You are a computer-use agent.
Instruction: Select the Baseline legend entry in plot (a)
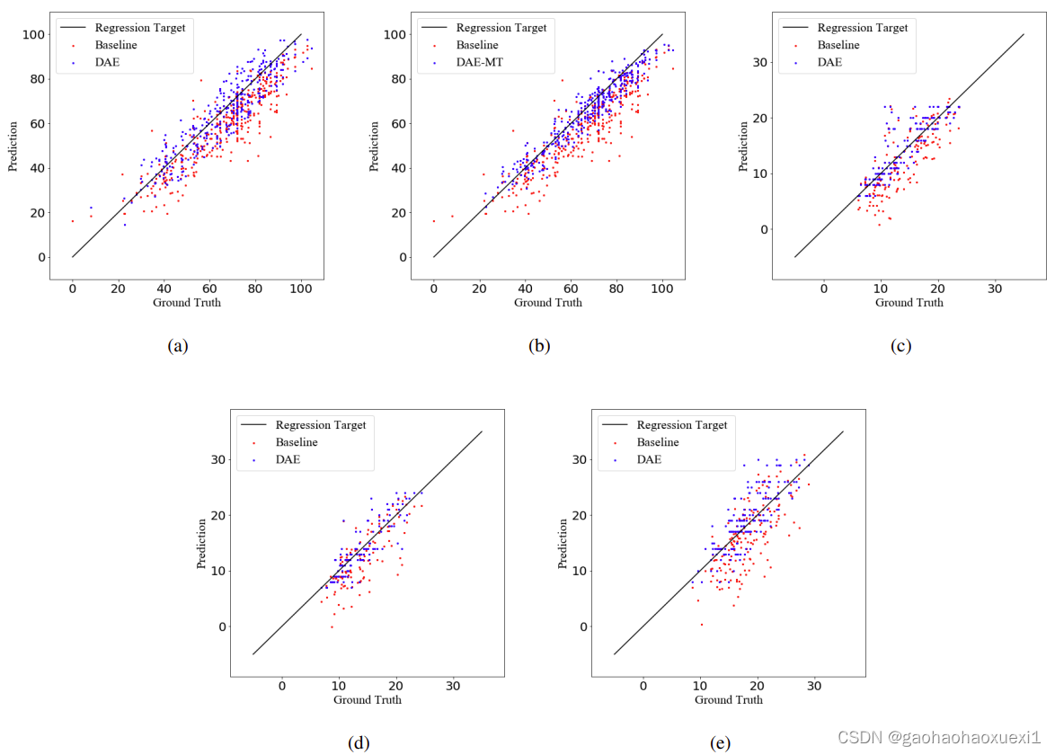pos(117,45)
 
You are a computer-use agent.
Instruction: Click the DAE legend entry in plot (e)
pos(649,459)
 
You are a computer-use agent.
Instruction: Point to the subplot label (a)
pos(178,345)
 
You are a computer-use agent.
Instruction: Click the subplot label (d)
pos(359,742)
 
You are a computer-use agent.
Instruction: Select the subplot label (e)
pos(720,742)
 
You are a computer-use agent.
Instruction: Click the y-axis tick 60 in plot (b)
pos(395,123)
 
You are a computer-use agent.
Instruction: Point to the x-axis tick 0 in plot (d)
pos(282,687)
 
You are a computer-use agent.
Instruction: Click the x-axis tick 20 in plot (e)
pos(757,687)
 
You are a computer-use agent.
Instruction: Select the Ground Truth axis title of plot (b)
pos(548,303)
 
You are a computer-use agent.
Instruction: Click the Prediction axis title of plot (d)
pos(203,544)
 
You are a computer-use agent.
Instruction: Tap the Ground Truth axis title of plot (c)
pos(909,303)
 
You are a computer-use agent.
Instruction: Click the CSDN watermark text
pos(938,737)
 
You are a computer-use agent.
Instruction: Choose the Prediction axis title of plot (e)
pos(564,544)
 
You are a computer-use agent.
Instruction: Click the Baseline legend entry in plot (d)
pos(296,442)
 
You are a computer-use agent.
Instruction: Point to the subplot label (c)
pos(900,345)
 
